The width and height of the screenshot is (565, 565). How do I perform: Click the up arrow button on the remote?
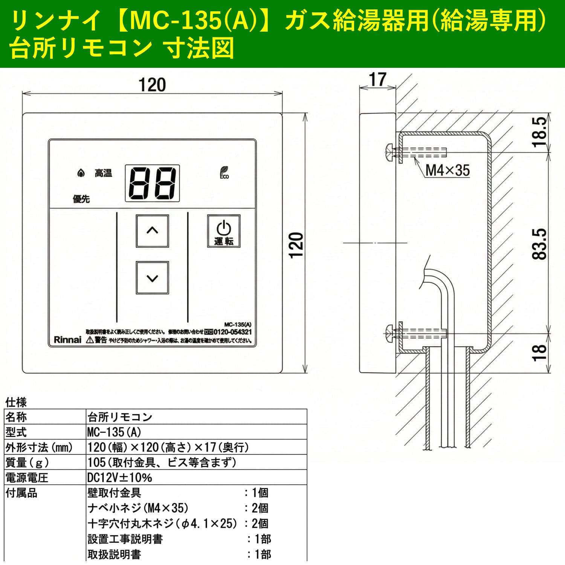pos(152,231)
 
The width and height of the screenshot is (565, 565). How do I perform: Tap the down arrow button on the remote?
pos(152,278)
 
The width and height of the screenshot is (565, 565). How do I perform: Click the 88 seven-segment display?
pos(152,183)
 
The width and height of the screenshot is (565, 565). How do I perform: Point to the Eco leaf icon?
pos(224,173)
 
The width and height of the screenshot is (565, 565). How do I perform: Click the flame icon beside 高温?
pos(80,173)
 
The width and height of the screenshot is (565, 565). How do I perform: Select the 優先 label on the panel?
pos(81,199)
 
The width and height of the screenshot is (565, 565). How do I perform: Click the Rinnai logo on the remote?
pos(67,340)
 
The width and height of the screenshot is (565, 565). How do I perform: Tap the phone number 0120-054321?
pos(232,332)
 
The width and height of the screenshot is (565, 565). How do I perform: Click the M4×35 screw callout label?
pos(447,170)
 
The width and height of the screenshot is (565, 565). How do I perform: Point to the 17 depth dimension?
pos(377,79)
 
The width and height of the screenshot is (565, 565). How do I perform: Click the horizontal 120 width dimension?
pos(152,85)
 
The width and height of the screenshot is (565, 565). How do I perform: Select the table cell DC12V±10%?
pos(120,478)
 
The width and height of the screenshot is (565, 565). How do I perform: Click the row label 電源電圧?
pos(27,478)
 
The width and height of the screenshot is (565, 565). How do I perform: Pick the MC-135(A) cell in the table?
pos(115,432)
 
